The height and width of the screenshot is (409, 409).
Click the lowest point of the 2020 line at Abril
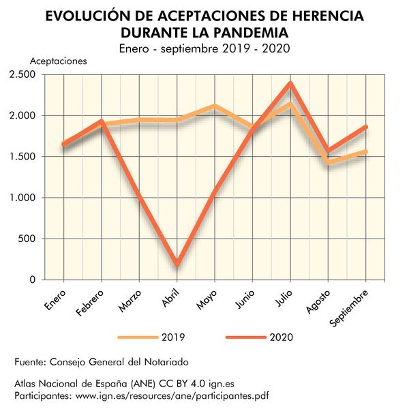point(177,264)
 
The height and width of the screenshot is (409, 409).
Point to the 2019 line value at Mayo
point(215,106)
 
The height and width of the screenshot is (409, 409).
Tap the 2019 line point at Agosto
point(329,163)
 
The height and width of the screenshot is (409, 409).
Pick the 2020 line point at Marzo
point(140,196)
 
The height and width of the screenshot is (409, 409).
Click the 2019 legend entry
point(151,337)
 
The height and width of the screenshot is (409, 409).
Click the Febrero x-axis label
point(91,303)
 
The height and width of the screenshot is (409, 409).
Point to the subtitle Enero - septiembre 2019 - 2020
point(204,48)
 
